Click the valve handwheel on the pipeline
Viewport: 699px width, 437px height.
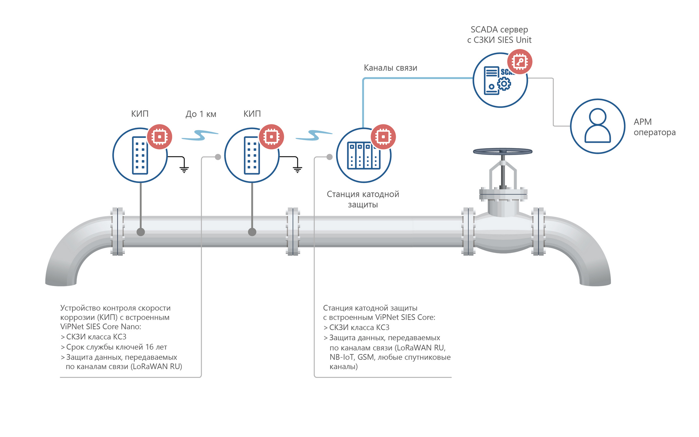[x=502, y=151]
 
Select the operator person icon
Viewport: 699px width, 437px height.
[x=597, y=126]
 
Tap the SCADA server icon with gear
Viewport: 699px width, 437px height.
[x=497, y=81]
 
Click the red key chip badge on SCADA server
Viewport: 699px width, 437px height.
[x=520, y=61]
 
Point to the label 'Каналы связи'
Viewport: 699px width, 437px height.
[x=390, y=68]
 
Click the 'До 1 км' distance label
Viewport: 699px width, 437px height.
[x=201, y=114]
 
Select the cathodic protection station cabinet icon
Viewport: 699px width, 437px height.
[x=363, y=156]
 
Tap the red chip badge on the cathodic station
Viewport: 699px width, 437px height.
[x=383, y=137]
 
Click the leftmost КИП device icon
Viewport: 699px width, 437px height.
[x=140, y=155]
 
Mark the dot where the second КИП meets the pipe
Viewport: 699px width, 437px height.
[x=252, y=232]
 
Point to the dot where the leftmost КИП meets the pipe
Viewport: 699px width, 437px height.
[x=141, y=232]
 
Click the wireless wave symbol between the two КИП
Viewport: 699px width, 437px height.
[x=200, y=135]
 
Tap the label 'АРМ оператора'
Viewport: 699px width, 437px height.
[x=654, y=127]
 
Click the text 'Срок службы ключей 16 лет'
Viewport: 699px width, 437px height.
[x=116, y=347]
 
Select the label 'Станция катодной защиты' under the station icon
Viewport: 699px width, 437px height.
[x=363, y=199]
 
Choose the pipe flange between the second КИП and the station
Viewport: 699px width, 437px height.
[x=293, y=231]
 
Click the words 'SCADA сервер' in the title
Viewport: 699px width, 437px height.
[x=499, y=29]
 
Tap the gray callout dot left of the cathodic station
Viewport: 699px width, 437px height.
[x=329, y=157]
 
